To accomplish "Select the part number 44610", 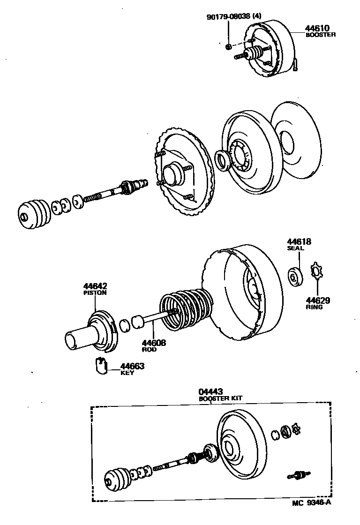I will [x=316, y=28].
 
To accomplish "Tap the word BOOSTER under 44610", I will [x=321, y=35].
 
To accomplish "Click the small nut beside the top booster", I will [x=228, y=46].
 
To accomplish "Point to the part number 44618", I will [x=299, y=242].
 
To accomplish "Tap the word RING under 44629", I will [x=314, y=307].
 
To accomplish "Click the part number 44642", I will [x=95, y=286].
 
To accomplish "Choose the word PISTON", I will [x=95, y=293].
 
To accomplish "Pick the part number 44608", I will [x=154, y=343].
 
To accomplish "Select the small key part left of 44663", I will [x=100, y=366].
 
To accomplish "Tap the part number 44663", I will [x=132, y=366].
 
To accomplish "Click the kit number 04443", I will [x=210, y=391].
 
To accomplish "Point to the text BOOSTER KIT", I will [x=220, y=398].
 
